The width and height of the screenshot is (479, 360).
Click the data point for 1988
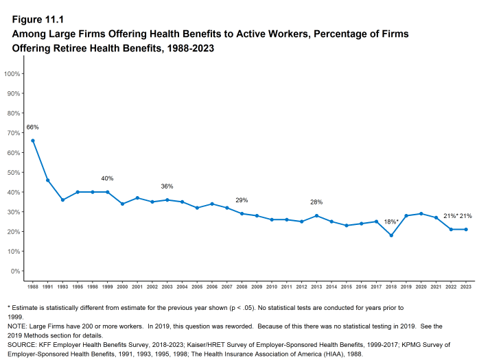point(33,141)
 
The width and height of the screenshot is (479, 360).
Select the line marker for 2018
point(391,235)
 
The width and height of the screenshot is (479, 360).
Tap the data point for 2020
point(421,213)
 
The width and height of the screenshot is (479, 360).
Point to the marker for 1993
point(62,200)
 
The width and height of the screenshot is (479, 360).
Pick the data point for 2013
point(316,215)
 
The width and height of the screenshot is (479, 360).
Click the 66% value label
point(33,128)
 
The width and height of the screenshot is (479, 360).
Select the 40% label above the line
point(107,178)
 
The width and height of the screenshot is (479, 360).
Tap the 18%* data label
point(391,221)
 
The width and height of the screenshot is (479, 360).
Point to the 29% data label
point(242,200)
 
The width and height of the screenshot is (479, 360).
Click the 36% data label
point(167,187)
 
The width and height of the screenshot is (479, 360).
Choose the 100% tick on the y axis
point(12,73)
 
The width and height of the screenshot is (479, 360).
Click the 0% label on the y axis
point(16,271)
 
